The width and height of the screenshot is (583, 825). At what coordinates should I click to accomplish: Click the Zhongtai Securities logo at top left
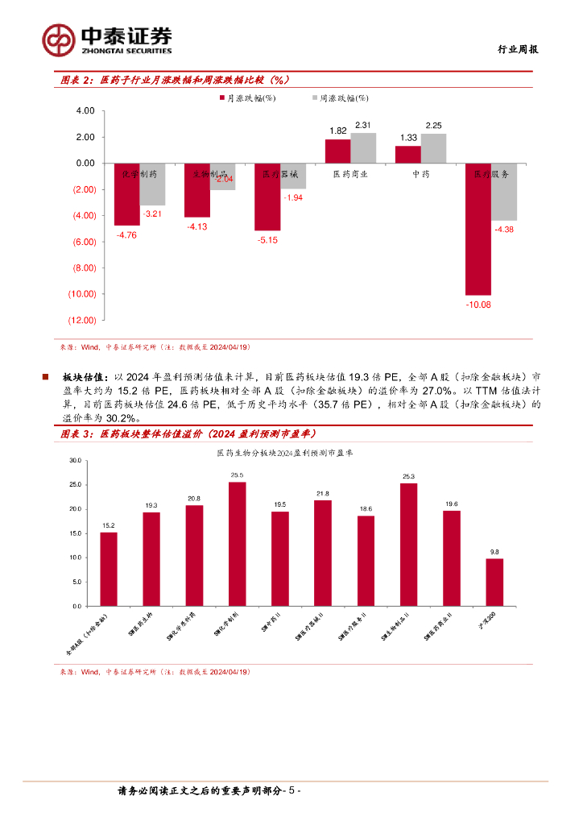coord(107,38)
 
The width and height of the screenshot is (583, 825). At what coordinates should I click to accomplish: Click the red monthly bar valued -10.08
coord(478,229)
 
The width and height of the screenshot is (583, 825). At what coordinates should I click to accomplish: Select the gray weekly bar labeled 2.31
coord(363,148)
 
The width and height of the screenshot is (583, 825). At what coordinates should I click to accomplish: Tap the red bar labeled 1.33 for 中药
coord(407,155)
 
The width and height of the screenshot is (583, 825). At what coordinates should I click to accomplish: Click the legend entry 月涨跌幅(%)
coord(248,98)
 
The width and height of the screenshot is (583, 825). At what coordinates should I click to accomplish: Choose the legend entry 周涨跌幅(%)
coord(339,98)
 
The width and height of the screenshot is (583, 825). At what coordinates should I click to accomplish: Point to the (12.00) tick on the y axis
coord(83,320)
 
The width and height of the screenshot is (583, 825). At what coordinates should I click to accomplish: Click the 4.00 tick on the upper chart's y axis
coord(85,111)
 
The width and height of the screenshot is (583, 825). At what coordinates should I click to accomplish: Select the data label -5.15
coord(267,240)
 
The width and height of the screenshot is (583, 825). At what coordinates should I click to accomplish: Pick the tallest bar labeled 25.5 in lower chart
coord(237,544)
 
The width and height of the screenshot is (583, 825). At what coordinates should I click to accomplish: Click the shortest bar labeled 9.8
coord(494,582)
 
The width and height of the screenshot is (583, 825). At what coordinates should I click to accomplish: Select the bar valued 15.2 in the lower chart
coord(109,569)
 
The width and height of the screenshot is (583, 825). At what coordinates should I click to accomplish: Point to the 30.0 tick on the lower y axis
coord(76,460)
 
